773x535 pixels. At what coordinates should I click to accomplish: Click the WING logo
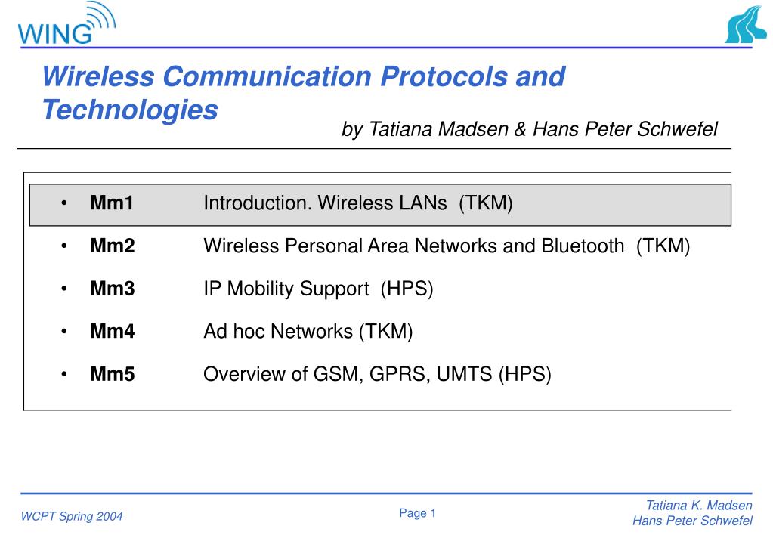click(66, 23)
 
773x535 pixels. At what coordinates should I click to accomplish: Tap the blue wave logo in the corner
click(745, 25)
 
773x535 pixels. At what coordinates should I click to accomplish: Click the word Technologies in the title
click(130, 110)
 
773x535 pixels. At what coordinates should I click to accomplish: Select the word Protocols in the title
click(444, 76)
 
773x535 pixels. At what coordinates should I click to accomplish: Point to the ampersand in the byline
click(520, 129)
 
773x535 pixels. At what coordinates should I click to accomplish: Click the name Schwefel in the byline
click(677, 129)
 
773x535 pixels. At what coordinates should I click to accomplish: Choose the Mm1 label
click(112, 203)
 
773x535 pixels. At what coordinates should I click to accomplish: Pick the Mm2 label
click(113, 246)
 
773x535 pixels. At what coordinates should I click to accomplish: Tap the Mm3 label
click(113, 289)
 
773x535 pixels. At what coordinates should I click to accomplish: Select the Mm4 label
click(113, 331)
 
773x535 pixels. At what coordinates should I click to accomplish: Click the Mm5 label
click(113, 374)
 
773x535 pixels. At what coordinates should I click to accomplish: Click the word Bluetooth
click(583, 246)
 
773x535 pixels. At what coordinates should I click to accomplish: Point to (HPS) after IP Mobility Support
click(407, 289)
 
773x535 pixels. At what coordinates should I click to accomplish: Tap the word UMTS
click(465, 374)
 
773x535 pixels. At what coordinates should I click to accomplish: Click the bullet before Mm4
click(64, 332)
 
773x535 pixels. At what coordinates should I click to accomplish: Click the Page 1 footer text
click(418, 513)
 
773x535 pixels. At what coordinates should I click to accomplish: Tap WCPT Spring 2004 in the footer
click(72, 516)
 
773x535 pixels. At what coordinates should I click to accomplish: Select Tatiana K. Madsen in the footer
click(699, 506)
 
